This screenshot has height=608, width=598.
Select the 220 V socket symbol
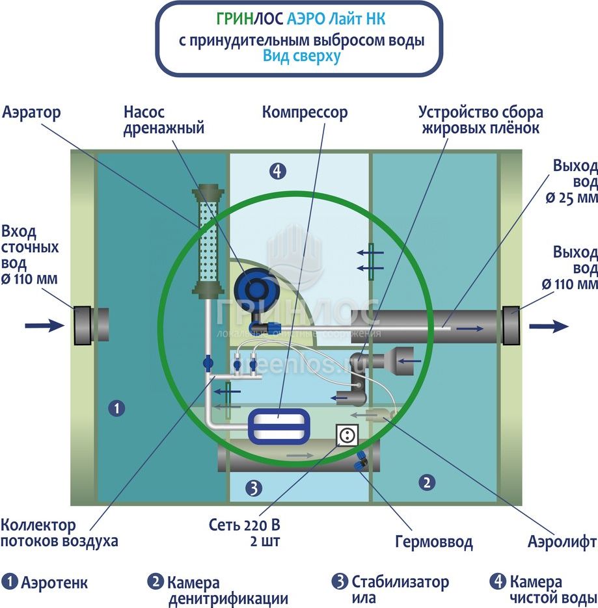click(x=347, y=435)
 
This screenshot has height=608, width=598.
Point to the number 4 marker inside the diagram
click(x=278, y=171)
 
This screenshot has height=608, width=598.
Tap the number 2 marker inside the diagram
click(x=426, y=482)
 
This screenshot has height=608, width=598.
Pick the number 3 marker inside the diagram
click(x=254, y=488)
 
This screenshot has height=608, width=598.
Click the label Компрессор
click(x=305, y=112)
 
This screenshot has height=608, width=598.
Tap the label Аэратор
click(x=31, y=112)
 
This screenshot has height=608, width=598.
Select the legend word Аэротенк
click(x=54, y=581)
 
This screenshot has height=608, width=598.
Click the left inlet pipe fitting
click(x=83, y=324)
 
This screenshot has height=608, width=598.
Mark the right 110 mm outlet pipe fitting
click(x=511, y=324)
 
